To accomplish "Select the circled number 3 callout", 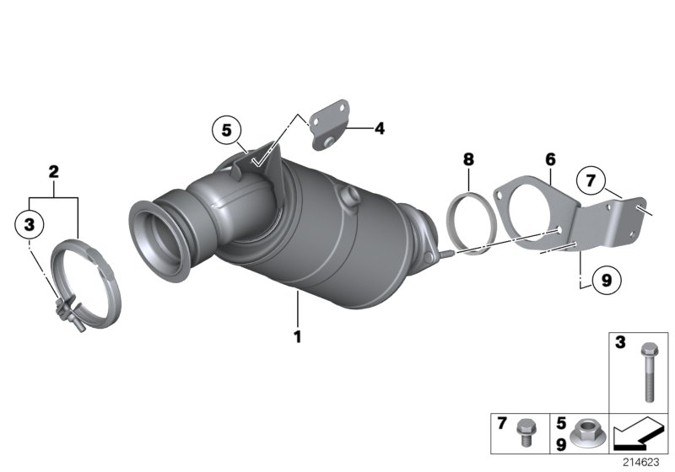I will coord(30,224).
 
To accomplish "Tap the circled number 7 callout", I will coord(591,180).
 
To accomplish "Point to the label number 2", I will coord(53,172).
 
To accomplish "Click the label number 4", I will coord(380,129).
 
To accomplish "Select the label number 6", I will coord(550,158).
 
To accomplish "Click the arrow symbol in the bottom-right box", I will coord(638,436).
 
